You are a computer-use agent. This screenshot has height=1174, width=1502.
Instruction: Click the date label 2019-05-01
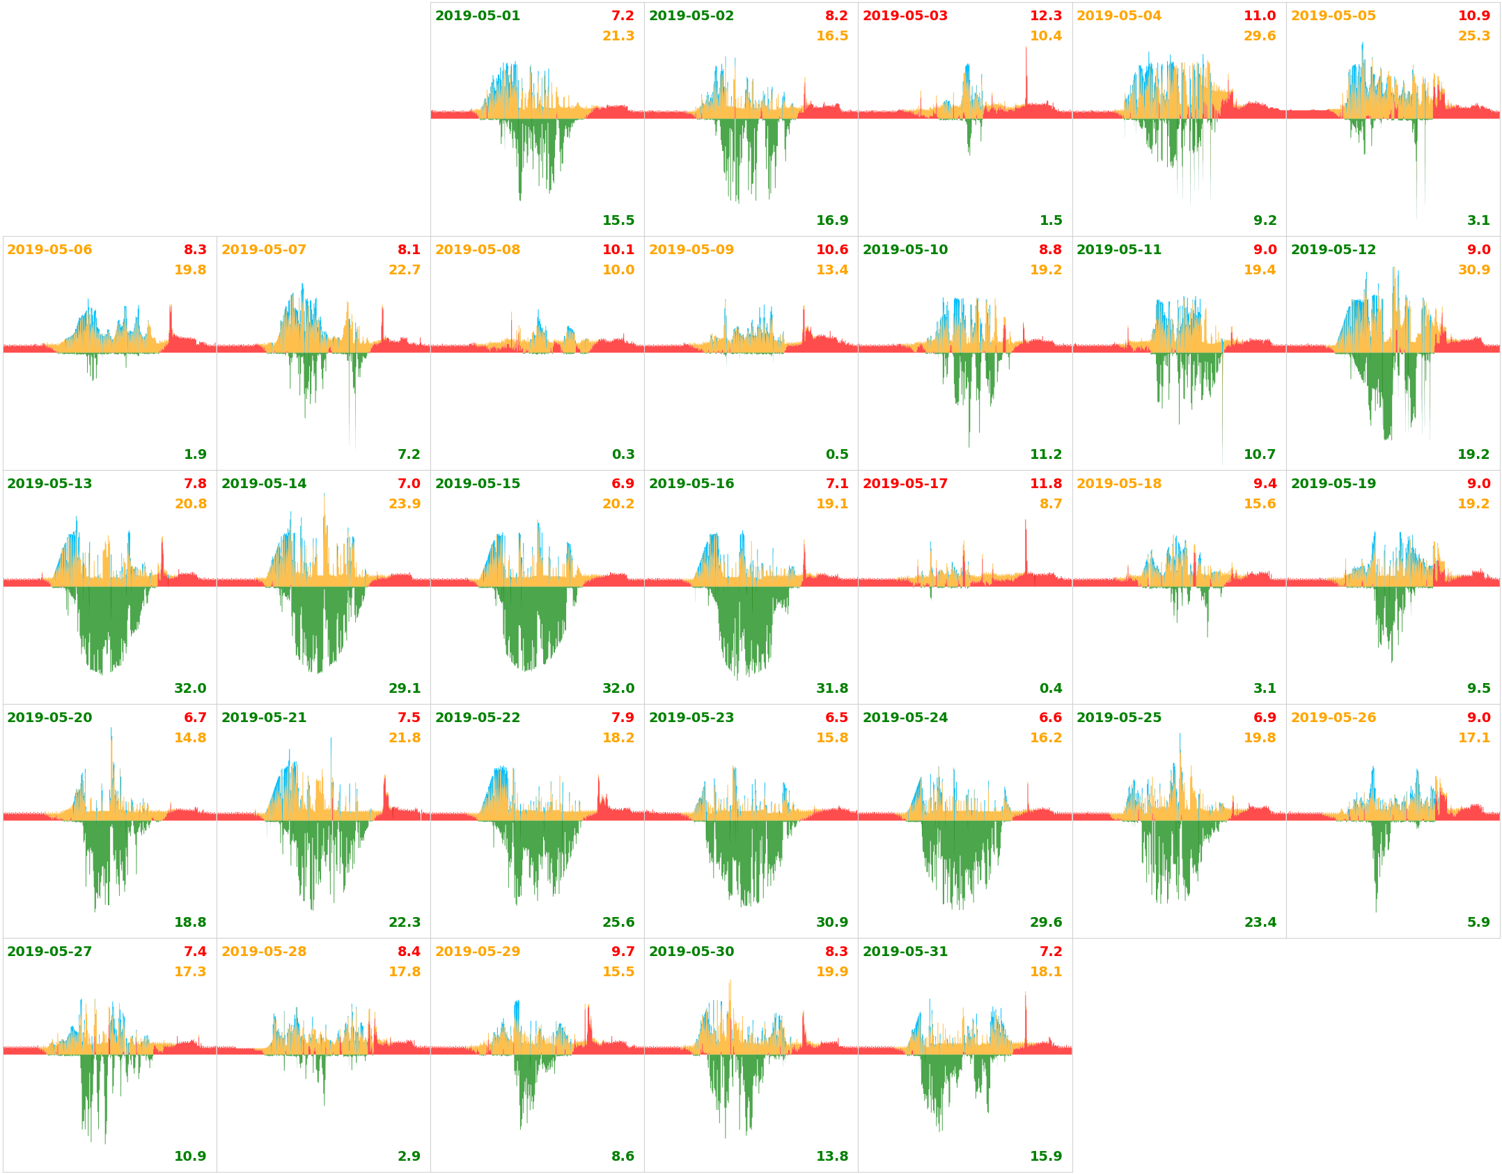(477, 16)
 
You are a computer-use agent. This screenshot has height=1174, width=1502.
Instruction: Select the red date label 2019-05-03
(905, 16)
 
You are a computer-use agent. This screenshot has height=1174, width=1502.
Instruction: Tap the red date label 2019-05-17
(905, 484)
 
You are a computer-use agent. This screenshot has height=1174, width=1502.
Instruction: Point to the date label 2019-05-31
(905, 952)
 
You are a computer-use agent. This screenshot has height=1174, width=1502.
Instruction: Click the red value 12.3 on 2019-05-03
(1045, 16)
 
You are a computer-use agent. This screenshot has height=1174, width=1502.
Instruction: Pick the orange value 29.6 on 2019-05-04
(1259, 36)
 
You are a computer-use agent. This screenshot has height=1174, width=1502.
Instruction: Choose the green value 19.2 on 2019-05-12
(1473, 455)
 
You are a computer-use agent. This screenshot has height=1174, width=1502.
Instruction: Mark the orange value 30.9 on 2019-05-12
(1473, 270)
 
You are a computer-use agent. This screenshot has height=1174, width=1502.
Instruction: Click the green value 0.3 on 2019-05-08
(623, 455)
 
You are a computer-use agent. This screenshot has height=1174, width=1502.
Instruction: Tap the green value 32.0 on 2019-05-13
(190, 689)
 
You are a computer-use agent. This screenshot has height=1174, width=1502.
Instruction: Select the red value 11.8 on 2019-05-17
(1045, 484)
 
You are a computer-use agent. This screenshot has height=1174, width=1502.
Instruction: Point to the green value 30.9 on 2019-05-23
(831, 923)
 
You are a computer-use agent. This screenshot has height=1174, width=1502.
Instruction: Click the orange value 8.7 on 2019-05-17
(1050, 504)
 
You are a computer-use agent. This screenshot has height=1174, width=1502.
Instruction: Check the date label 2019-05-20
(49, 718)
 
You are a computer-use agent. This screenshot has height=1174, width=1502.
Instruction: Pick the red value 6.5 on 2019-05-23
(836, 718)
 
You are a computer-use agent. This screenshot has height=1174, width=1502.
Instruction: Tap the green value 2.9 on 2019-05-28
(409, 1157)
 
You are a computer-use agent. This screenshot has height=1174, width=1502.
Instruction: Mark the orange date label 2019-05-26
(1333, 718)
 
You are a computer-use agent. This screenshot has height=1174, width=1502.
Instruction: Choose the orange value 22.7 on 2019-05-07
(404, 270)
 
